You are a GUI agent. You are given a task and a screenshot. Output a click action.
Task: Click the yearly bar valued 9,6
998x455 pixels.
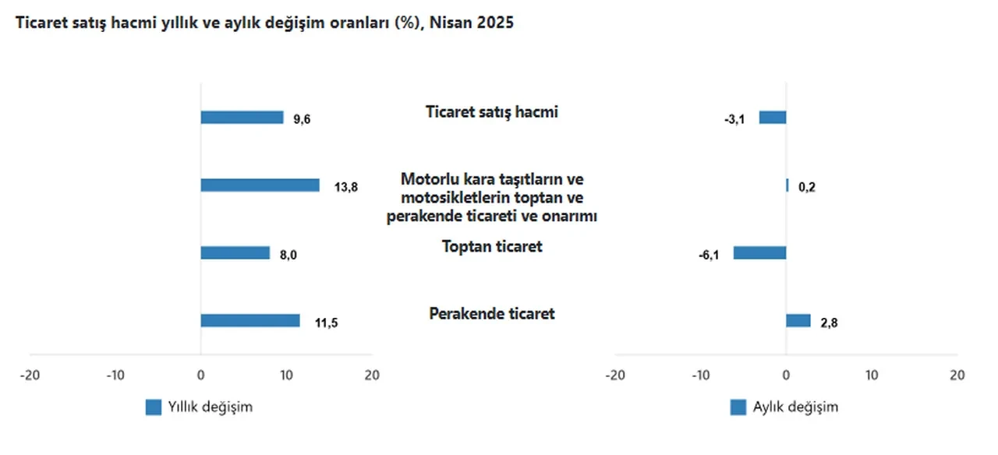click(x=242, y=118)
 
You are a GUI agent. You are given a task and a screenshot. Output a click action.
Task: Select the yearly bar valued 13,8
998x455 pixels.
click(x=260, y=185)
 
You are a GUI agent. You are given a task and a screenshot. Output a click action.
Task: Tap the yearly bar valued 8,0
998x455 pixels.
click(x=235, y=253)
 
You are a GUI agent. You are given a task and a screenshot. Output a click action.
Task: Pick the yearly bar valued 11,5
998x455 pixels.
click(x=249, y=320)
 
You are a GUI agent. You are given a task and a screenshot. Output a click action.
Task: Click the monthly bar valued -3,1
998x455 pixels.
click(x=773, y=118)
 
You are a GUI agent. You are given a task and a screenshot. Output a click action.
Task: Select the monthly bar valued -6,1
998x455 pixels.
click(x=759, y=253)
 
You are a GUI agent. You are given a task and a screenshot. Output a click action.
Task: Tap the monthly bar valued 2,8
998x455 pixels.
click(x=798, y=320)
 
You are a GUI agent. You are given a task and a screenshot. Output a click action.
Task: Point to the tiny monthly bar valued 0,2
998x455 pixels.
click(x=787, y=185)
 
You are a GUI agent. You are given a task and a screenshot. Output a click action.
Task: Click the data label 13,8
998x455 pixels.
click(x=345, y=187)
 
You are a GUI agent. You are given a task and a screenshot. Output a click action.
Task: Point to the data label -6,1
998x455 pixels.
click(x=709, y=254)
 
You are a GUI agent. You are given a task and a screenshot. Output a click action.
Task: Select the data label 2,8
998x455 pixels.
click(x=828, y=322)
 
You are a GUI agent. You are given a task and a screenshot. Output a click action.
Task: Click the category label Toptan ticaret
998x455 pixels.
click(x=492, y=247)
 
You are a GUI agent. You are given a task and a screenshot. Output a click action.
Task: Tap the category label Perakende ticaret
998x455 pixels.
click(x=492, y=314)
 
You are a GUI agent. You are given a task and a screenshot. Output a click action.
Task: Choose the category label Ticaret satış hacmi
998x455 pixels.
click(x=492, y=112)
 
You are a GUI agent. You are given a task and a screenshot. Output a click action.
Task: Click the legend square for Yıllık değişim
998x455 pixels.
click(x=154, y=407)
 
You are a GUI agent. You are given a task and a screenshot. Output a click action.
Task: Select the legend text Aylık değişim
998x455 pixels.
click(x=795, y=407)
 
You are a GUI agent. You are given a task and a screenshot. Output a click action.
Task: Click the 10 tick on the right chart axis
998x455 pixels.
click(x=872, y=375)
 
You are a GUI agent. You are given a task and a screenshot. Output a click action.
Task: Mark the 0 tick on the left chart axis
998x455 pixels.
click(x=200, y=375)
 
